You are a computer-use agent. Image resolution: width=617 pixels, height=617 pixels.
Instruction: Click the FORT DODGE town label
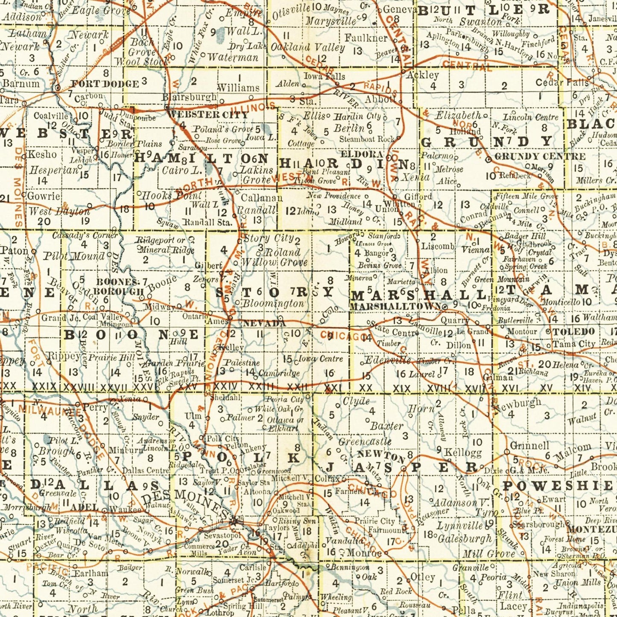click(105, 84)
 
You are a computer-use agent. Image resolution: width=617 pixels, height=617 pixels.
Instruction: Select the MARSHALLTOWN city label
click(395, 307)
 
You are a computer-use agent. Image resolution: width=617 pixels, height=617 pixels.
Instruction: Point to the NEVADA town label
click(264, 324)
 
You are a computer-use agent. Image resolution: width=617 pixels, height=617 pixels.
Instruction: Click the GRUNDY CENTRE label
click(540, 157)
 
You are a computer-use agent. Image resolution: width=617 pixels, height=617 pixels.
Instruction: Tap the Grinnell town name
click(529, 446)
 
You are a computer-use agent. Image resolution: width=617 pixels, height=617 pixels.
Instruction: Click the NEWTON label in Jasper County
click(381, 456)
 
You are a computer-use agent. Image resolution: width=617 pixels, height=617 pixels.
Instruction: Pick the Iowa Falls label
click(324, 77)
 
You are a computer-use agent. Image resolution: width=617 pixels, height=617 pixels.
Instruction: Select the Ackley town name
click(422, 75)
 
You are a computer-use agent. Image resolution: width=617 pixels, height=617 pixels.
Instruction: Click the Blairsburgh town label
click(189, 97)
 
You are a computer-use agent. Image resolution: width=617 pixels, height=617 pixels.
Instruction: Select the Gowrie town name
click(44, 196)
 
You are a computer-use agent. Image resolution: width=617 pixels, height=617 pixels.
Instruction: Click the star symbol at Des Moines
click(234, 521)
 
